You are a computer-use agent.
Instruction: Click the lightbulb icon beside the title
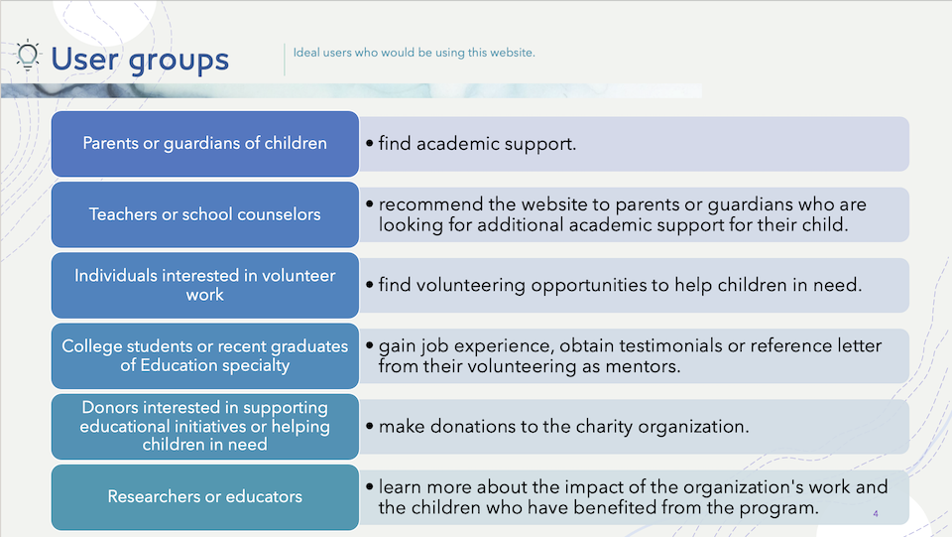(x=28, y=56)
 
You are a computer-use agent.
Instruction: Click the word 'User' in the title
(x=84, y=59)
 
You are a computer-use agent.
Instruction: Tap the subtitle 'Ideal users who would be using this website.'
(x=415, y=53)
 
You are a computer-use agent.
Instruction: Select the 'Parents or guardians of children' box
(x=205, y=144)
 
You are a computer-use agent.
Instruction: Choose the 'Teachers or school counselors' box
(x=205, y=214)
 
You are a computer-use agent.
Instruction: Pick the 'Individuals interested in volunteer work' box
(x=205, y=286)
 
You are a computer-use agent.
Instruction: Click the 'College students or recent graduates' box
(x=205, y=356)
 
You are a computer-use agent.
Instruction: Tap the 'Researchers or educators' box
(x=205, y=497)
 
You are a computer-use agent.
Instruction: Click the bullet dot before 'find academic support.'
(x=369, y=143)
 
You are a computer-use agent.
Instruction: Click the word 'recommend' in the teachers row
(x=431, y=204)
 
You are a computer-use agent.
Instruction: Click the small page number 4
(x=876, y=514)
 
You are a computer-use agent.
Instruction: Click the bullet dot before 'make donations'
(x=369, y=427)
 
